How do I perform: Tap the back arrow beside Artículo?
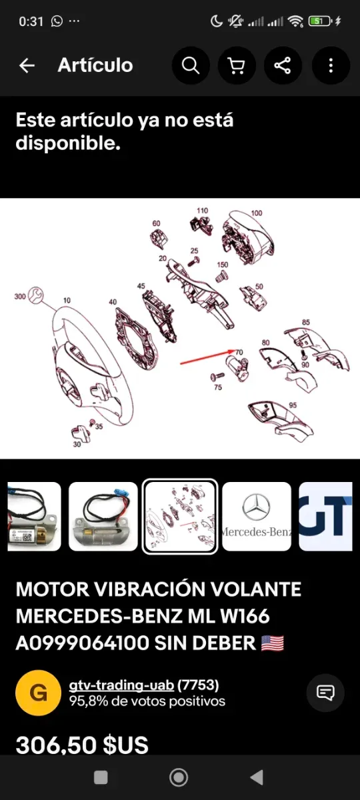(27, 65)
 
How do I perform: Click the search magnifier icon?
(191, 65)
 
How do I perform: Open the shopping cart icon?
(237, 65)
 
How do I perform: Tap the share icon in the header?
(283, 65)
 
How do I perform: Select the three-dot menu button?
(331, 65)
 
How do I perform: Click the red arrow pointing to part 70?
(208, 357)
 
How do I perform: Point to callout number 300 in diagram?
(20, 297)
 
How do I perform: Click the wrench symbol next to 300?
(36, 295)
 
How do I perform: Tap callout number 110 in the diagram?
(202, 211)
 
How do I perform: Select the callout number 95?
(293, 405)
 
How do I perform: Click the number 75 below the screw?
(218, 387)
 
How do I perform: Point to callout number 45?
(141, 286)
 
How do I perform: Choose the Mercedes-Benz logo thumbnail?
(257, 517)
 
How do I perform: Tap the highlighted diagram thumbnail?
(180, 517)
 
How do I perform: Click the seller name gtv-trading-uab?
(121, 685)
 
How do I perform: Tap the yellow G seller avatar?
(38, 693)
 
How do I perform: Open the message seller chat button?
(325, 693)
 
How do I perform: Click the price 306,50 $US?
(82, 745)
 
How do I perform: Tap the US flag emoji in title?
(273, 643)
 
